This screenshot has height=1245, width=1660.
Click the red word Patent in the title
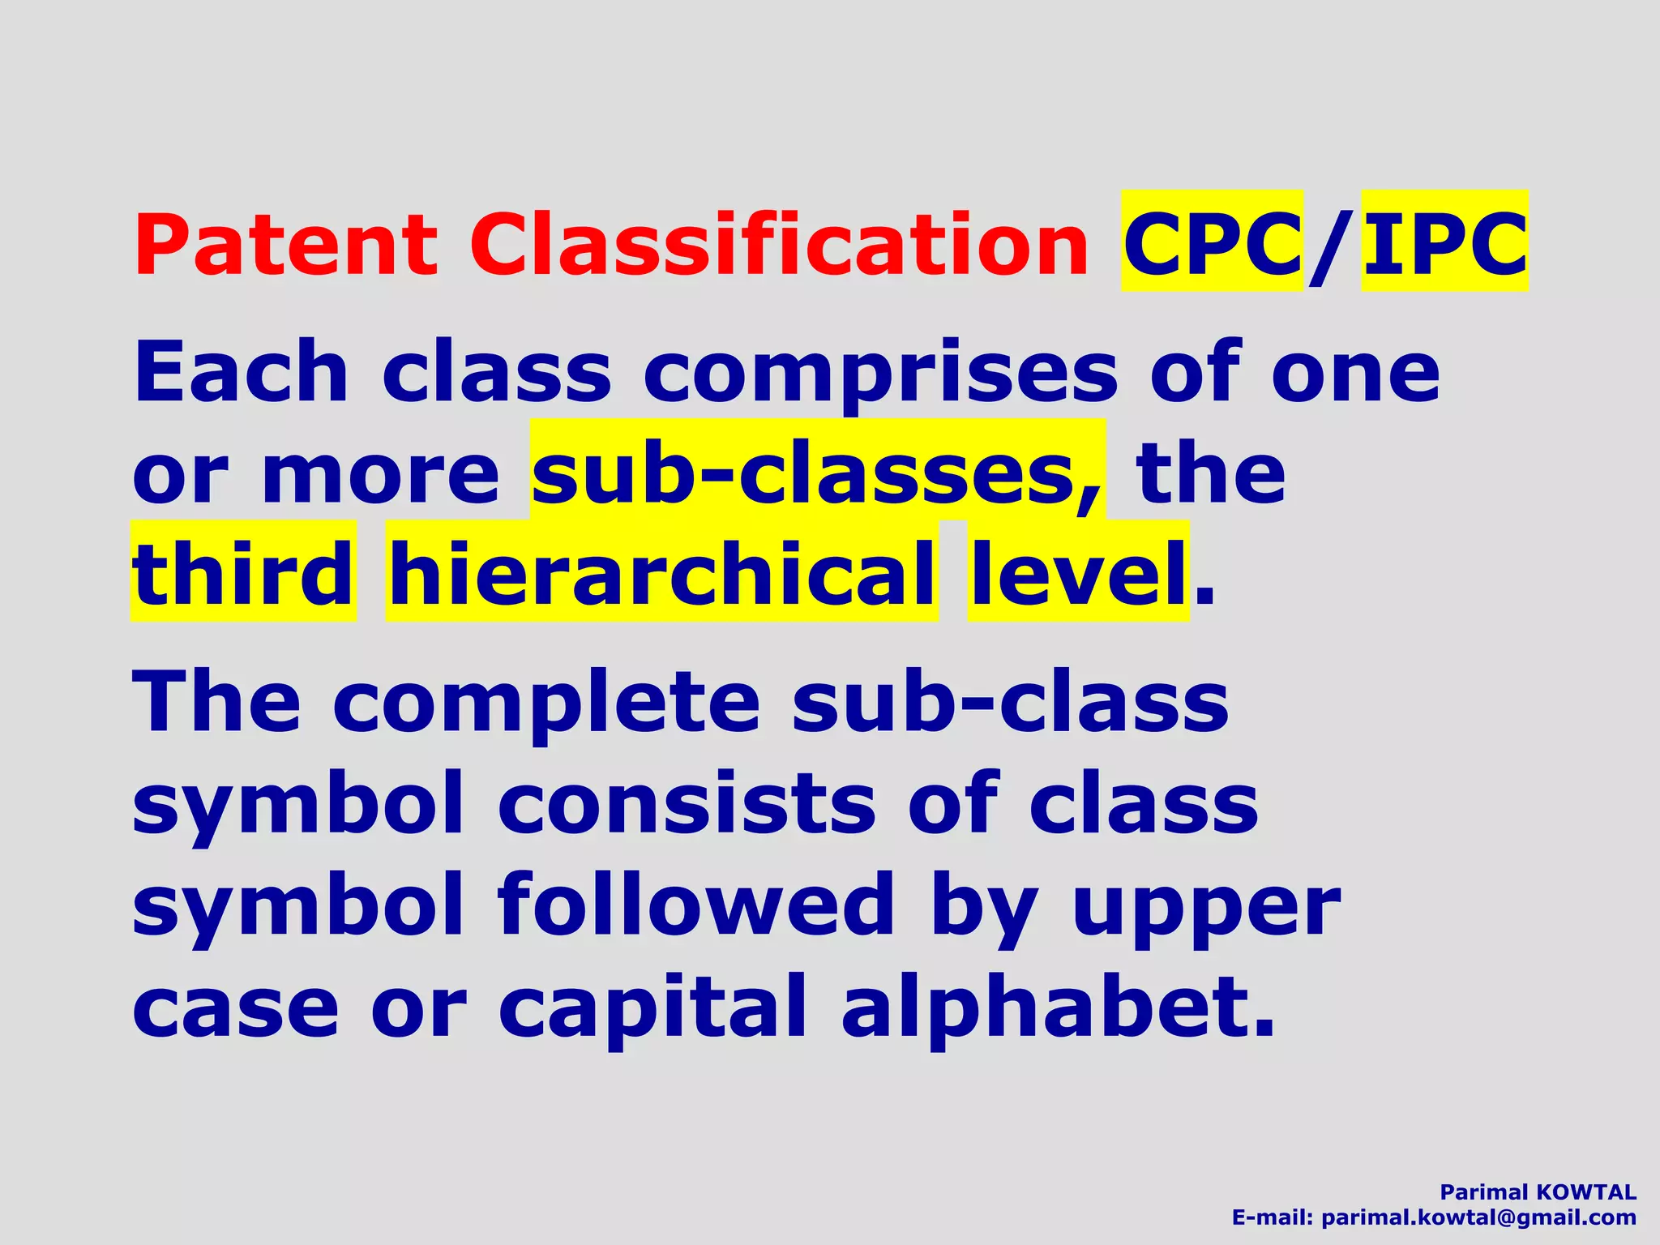[285, 245]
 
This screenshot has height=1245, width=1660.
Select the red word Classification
[779, 245]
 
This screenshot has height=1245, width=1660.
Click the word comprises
[880, 374]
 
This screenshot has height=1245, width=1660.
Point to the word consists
[687, 804]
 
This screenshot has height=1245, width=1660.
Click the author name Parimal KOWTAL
[1538, 1192]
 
